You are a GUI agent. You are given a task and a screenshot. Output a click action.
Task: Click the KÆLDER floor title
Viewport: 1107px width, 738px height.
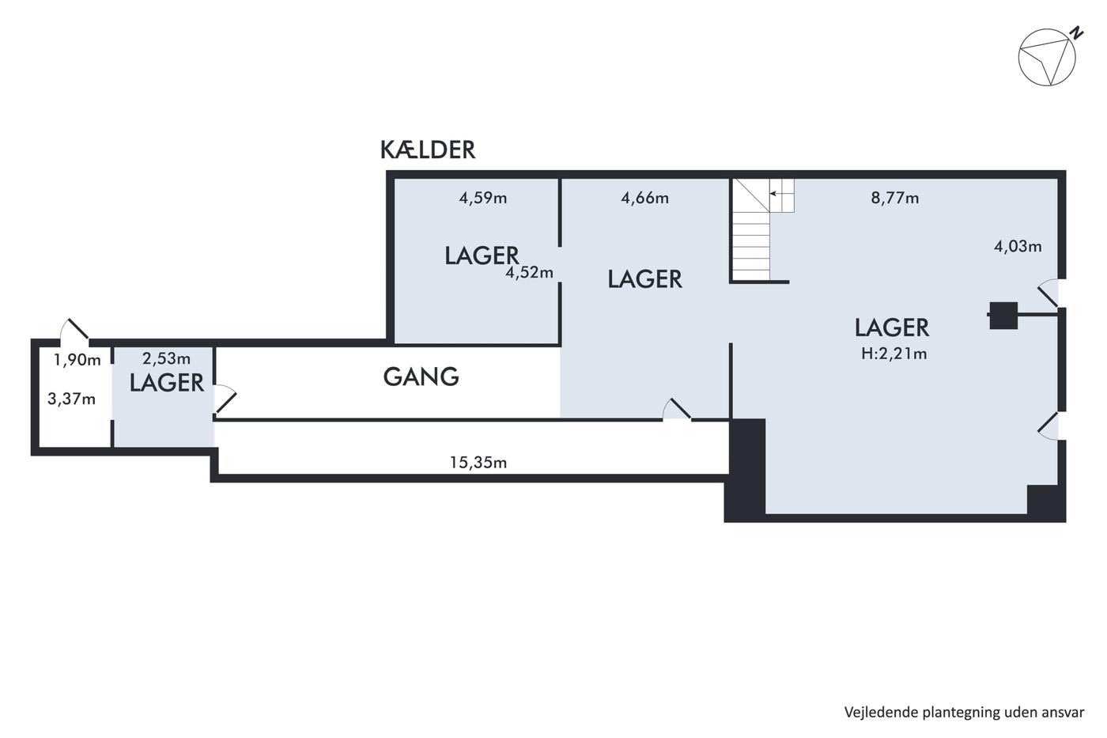pyautogui.click(x=428, y=149)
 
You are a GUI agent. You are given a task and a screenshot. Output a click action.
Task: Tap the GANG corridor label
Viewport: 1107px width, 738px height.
pyautogui.click(x=421, y=377)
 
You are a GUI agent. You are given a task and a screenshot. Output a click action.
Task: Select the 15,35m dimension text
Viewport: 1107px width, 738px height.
pyautogui.click(x=478, y=462)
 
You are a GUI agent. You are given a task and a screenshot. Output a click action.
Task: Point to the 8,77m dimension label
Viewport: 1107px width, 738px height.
pyautogui.click(x=895, y=199)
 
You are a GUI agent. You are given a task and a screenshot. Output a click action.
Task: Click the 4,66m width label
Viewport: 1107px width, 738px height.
pyautogui.click(x=645, y=199)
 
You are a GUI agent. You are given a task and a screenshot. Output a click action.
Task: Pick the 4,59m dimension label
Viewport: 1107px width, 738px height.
pyautogui.click(x=483, y=199)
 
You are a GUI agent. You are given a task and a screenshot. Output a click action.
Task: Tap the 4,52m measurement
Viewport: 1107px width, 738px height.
pyautogui.click(x=529, y=272)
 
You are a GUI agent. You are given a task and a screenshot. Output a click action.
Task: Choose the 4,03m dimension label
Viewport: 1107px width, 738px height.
pyautogui.click(x=1018, y=246)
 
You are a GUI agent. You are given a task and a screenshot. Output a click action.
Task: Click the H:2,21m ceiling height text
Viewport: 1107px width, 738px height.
pyautogui.click(x=894, y=354)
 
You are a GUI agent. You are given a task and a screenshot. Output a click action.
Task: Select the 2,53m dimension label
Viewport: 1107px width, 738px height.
pyautogui.click(x=166, y=358)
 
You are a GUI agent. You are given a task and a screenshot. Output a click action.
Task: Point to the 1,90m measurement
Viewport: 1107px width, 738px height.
pyautogui.click(x=77, y=360)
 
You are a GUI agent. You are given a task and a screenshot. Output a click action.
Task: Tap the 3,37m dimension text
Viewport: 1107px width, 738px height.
pyautogui.click(x=72, y=399)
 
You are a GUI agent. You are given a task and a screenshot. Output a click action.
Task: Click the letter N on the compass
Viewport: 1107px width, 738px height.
pyautogui.click(x=1076, y=33)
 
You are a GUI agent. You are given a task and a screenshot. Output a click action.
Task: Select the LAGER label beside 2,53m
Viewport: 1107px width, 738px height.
pyautogui.click(x=167, y=383)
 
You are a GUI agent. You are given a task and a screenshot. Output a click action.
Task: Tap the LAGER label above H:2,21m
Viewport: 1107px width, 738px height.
pyautogui.click(x=892, y=327)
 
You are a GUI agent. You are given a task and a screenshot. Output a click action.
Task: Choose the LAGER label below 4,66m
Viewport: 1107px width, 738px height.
pyautogui.click(x=645, y=279)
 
